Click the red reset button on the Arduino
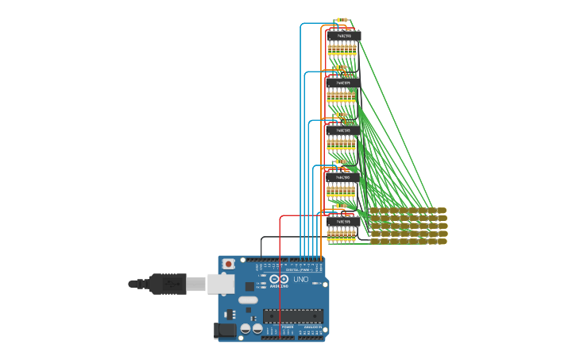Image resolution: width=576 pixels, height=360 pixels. coord(229,263)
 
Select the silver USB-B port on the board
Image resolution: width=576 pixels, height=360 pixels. coord(218,283)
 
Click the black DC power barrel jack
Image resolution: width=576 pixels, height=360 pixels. coord(226,329)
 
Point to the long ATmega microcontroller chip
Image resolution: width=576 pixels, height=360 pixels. coord(293,315)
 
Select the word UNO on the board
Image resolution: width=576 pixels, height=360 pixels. coord(301,280)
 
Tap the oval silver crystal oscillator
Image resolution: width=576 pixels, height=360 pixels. coord(248,300)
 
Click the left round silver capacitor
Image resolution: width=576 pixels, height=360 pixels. coord(245,327)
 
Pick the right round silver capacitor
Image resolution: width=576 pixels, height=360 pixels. coord(257,327)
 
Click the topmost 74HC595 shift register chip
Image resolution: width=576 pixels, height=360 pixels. coord(343,36)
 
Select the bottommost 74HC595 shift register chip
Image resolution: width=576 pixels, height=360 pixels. coord(343,223)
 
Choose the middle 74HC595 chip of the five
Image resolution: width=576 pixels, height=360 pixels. coord(343,130)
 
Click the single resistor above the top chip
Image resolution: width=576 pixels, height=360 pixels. coord(342,20)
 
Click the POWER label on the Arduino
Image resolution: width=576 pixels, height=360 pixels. coord(287,327)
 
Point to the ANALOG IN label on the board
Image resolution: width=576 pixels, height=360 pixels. coord(311,327)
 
